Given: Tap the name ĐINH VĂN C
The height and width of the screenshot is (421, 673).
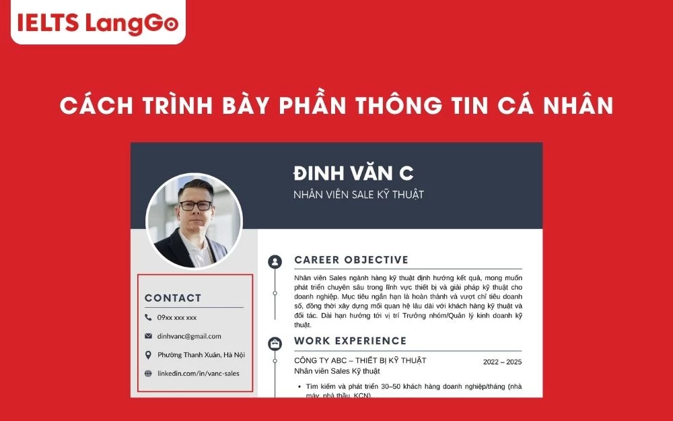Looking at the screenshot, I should click(353, 173).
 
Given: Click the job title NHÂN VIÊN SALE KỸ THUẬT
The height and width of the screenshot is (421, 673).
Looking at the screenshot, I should click(359, 195).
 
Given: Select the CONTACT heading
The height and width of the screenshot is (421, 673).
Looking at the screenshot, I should click(173, 298).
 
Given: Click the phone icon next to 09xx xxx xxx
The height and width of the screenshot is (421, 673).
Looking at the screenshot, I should click(148, 317).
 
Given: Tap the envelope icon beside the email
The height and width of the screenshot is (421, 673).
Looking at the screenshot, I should click(148, 336).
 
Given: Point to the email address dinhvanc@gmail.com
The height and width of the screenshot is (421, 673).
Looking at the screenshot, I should click(189, 336).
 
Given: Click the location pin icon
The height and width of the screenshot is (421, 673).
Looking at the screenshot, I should click(148, 355).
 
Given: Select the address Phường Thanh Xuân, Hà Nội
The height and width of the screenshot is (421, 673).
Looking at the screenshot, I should click(201, 355).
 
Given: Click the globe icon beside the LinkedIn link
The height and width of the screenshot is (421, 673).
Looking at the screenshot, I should click(148, 373).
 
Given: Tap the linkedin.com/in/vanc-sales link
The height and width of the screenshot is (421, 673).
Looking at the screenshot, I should click(198, 373).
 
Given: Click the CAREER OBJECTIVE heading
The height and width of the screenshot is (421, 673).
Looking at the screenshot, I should click(351, 260).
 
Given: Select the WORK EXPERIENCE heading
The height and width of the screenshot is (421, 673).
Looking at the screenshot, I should click(350, 341).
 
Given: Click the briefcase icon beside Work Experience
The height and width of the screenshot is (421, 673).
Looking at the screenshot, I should click(275, 343).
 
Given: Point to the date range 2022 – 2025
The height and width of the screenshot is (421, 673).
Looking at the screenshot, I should click(502, 362).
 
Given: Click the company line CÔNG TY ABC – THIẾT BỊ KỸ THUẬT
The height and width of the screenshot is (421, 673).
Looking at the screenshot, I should click(360, 360).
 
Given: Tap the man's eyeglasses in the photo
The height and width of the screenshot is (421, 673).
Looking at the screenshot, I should click(195, 205).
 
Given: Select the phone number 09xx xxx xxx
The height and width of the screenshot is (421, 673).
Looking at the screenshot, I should click(177, 317).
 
